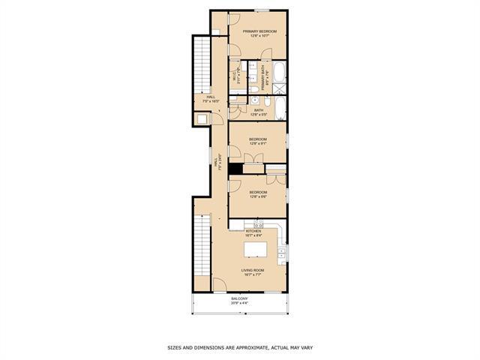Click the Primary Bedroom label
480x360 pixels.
[259, 31]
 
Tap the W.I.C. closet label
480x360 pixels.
[235, 76]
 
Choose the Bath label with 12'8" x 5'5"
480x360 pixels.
[259, 112]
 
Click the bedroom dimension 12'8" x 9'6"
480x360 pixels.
[259, 196]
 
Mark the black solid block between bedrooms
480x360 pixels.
[234, 169]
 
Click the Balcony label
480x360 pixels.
[239, 298]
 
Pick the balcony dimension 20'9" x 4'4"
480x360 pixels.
[239, 303]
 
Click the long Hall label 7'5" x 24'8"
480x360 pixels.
[217, 163]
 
